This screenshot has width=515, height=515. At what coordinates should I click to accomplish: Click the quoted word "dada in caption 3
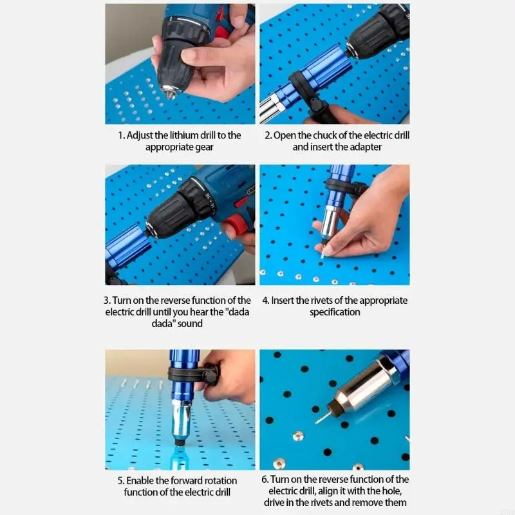coord(234,312)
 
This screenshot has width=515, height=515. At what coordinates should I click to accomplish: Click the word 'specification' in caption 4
coord(334,312)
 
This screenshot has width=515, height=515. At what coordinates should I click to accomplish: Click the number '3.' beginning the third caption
coord(107,301)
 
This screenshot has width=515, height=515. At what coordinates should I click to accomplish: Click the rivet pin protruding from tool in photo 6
coord(323,417)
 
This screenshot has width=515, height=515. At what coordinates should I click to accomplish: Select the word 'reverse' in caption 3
coord(180,301)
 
